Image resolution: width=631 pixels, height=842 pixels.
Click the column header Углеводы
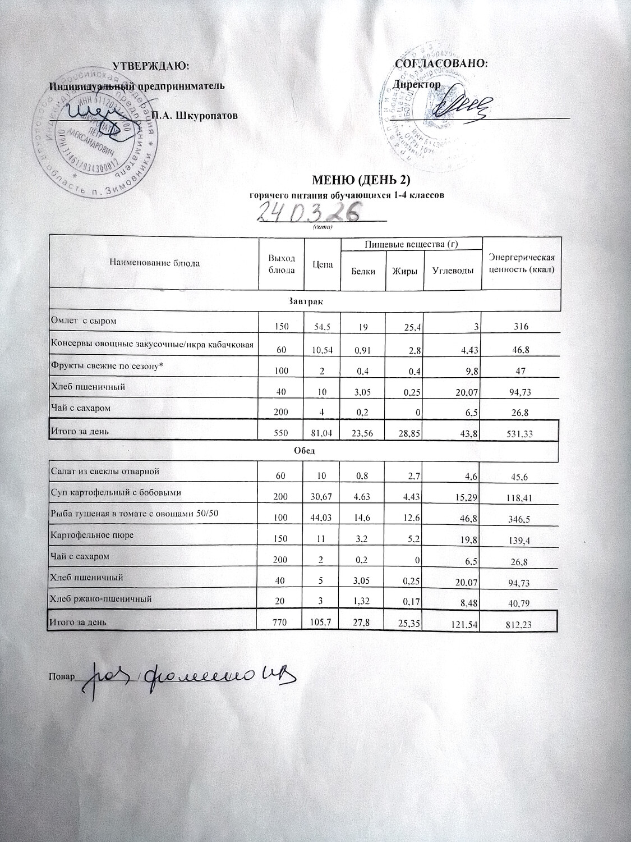pos(453,271)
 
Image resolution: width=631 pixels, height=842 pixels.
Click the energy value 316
pos(521,326)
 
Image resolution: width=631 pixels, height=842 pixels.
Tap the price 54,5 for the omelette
pos(323,326)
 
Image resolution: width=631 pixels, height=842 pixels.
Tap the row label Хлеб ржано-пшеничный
pos(102,599)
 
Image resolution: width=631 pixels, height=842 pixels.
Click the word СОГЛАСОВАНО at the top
pos(441,63)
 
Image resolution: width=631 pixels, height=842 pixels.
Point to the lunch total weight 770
pos(280,622)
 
